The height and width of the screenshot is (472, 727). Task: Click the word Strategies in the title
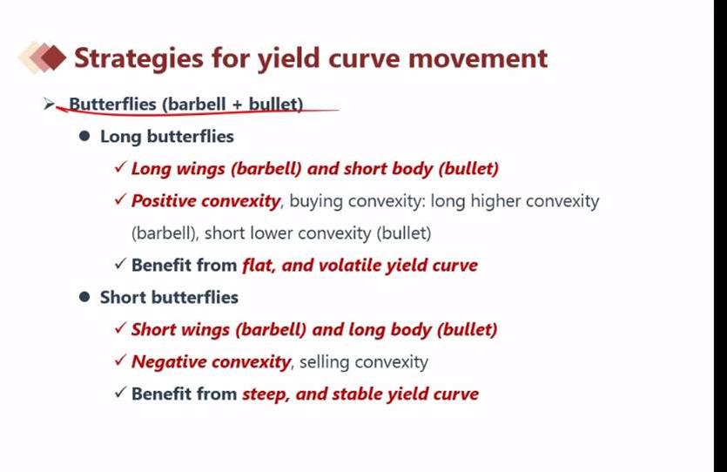(x=138, y=59)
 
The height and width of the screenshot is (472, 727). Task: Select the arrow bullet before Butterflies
(x=49, y=104)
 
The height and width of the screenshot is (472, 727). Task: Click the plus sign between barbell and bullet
(x=238, y=105)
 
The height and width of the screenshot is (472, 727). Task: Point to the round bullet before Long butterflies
(x=84, y=136)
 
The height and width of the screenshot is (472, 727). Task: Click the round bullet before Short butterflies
(x=84, y=297)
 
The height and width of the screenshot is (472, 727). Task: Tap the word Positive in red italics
(x=164, y=201)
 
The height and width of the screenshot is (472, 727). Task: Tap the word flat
(x=259, y=266)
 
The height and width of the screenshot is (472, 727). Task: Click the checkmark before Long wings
(x=120, y=167)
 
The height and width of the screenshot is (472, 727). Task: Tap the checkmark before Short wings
(x=120, y=327)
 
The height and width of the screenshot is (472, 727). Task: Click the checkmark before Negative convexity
(x=120, y=360)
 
